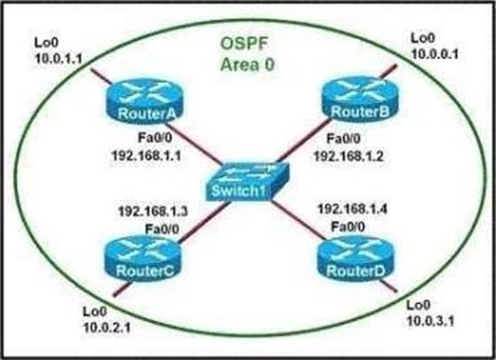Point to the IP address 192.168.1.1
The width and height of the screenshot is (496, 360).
coord(147,156)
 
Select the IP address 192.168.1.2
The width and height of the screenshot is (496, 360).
coord(348,156)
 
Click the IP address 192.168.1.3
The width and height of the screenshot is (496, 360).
coord(153,212)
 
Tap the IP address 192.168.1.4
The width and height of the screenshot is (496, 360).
coord(352,209)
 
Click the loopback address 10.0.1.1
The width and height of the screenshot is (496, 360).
coord(59,59)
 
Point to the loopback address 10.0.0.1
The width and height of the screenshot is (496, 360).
coord(435,54)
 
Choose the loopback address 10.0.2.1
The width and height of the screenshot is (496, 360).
coord(107,327)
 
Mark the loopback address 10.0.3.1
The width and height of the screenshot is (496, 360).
coord(430,321)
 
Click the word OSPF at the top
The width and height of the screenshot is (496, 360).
coord(244,44)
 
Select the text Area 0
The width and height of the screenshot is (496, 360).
coord(247,65)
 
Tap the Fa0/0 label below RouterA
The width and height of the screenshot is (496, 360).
coord(156,138)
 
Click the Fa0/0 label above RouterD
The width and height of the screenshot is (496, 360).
coord(348,227)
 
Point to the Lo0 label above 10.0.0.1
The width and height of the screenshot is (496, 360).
coord(423,38)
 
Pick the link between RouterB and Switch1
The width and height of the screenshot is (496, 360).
coord(304,141)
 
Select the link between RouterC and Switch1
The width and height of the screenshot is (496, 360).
coord(204,223)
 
